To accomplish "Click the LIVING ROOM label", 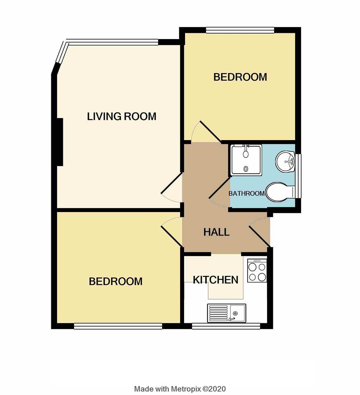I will click(121, 116).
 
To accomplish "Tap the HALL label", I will click(216, 232).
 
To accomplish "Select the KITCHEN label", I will click(215, 280).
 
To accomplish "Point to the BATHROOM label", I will click(247, 193).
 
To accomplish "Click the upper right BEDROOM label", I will click(240, 77).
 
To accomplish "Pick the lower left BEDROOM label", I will click(116, 281).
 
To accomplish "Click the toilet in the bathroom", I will click(280, 192).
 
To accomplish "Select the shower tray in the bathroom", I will click(246, 160).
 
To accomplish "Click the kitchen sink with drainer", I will click(226, 313).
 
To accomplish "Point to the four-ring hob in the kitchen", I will click(257, 271).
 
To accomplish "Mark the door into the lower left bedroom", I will click(171, 231).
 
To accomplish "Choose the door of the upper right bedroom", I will click(206, 132).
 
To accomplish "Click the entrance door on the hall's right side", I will click(260, 233).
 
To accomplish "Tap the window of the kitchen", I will click(226, 326).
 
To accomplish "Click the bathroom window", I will click(299, 176).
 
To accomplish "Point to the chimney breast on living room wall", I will click(60, 142).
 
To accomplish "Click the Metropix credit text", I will click(180, 388).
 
